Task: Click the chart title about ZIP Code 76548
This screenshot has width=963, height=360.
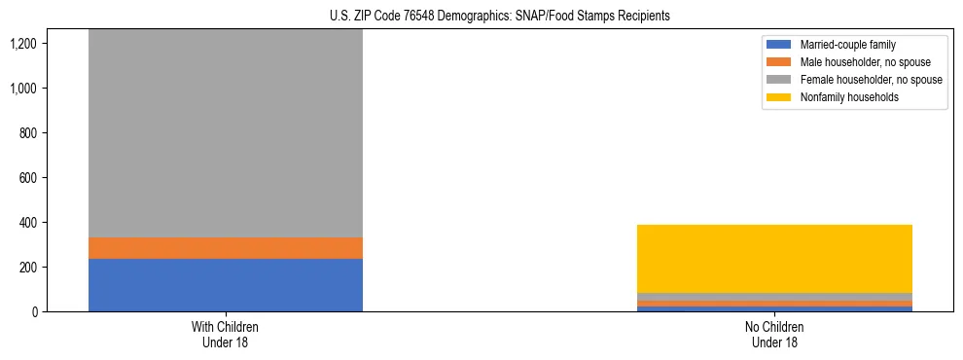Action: tap(481, 16)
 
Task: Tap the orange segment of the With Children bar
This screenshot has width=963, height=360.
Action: tap(226, 248)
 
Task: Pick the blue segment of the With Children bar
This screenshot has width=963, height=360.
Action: tap(226, 285)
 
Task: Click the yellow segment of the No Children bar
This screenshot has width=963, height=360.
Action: tap(774, 259)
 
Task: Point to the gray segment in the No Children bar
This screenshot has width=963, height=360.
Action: tap(774, 297)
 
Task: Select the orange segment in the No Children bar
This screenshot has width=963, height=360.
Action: tap(774, 304)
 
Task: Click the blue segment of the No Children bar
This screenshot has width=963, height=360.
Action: tap(774, 309)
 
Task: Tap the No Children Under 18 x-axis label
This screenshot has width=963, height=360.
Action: tap(774, 335)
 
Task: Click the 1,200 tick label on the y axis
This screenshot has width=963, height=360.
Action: tap(50, 44)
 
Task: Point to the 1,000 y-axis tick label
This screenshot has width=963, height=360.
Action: tap(50, 89)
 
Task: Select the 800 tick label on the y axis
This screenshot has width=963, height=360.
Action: tap(54, 133)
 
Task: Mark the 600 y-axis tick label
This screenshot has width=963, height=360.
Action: tap(54, 178)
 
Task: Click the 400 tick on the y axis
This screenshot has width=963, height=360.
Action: tap(54, 223)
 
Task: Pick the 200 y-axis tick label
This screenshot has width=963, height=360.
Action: tap(54, 268)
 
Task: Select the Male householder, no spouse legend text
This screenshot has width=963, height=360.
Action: tap(859, 62)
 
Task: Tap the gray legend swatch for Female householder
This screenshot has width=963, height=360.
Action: tap(779, 80)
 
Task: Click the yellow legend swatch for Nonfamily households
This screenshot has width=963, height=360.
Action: tap(779, 97)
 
